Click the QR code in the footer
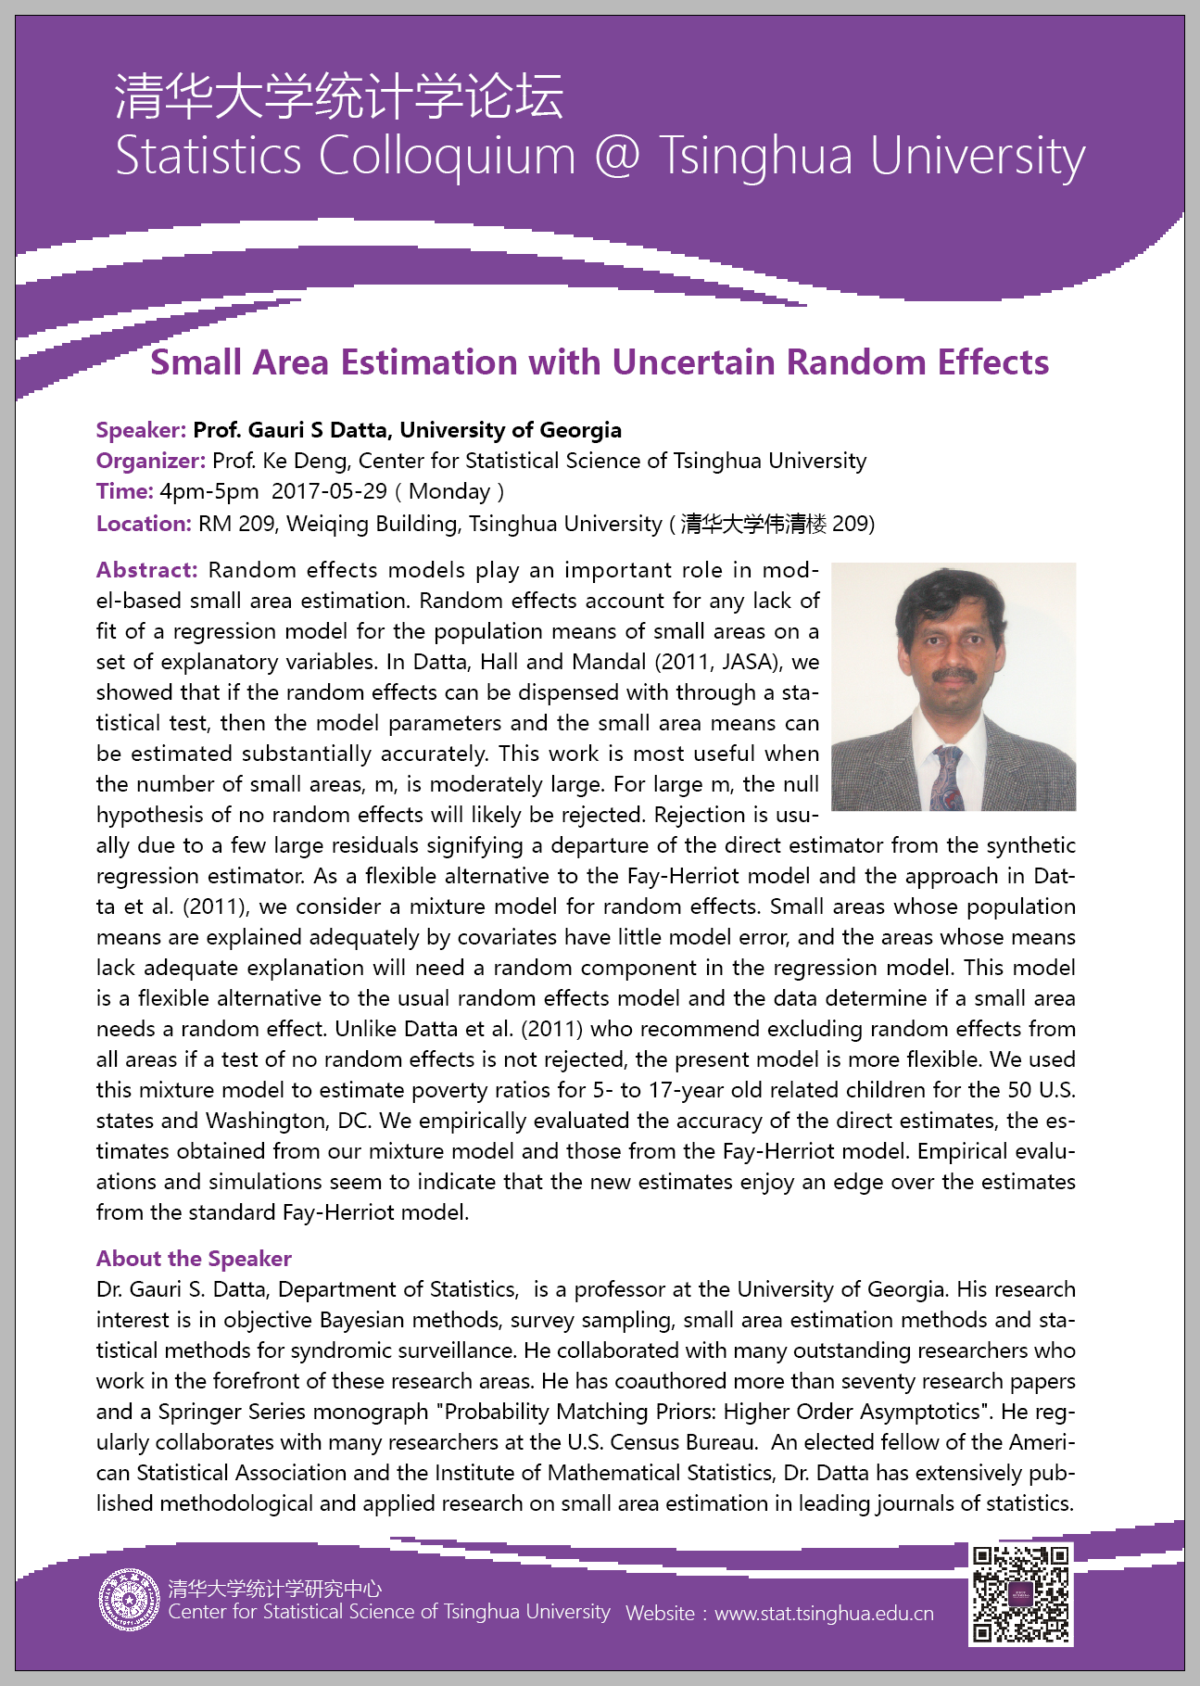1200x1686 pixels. [x=1020, y=1594]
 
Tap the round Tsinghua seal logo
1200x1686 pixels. [x=129, y=1600]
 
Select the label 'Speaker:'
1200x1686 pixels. [x=142, y=430]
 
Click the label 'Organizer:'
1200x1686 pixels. [x=151, y=461]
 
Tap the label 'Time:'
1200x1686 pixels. [x=125, y=491]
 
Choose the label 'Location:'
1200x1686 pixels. [x=144, y=524]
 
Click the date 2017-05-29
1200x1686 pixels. [x=329, y=491]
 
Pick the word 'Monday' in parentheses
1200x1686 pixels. [x=449, y=491]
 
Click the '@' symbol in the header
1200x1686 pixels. [x=617, y=155]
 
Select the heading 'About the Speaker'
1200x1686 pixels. [x=194, y=1259]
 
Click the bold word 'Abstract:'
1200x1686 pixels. [x=146, y=570]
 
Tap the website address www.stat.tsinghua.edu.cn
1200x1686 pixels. [x=824, y=1614]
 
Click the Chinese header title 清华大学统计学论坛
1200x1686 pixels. [x=339, y=96]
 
